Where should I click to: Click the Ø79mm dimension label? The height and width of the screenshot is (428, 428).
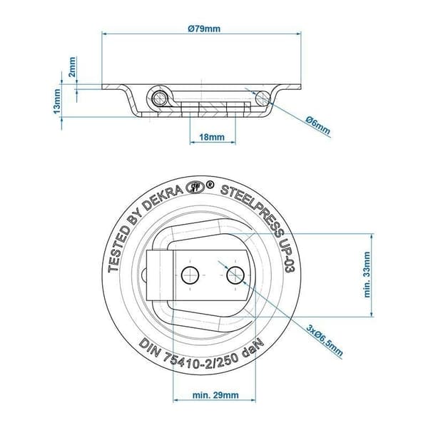pos(204,29)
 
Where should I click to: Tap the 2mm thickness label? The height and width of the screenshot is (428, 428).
pos(72,67)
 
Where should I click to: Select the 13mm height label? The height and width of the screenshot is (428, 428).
pos(57,102)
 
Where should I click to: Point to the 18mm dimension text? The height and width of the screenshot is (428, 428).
pos(212,137)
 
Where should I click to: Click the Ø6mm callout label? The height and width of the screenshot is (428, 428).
pos(318,126)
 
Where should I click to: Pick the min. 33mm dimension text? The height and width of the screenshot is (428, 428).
pos(367,275)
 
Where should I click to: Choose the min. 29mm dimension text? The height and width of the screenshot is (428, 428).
pos(215,395)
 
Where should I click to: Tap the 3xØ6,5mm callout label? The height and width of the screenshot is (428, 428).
pos(325,340)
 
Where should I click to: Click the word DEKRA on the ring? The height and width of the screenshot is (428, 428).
pos(163,198)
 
